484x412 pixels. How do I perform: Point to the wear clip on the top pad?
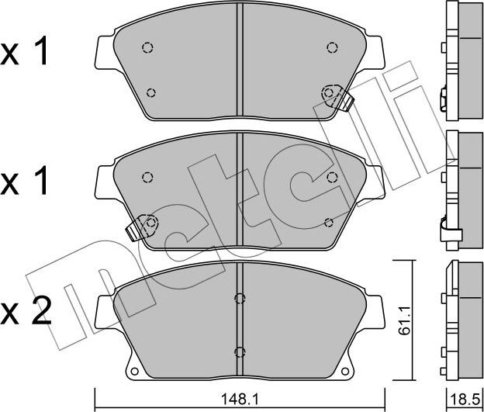click(x=337, y=98)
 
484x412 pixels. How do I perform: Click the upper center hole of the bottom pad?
click(x=240, y=298)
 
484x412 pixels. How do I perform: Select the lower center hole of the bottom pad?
click(x=240, y=350)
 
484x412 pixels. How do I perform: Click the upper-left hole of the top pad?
click(x=147, y=47)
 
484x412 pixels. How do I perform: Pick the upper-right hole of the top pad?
click(x=332, y=47)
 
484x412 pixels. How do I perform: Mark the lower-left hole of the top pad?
click(x=151, y=93)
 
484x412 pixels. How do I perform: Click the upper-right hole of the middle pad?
click(x=332, y=177)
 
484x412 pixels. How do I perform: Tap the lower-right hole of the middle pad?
click(x=329, y=222)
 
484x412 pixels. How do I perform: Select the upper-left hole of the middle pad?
click(x=147, y=177)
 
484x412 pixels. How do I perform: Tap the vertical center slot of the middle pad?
click(x=240, y=190)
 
